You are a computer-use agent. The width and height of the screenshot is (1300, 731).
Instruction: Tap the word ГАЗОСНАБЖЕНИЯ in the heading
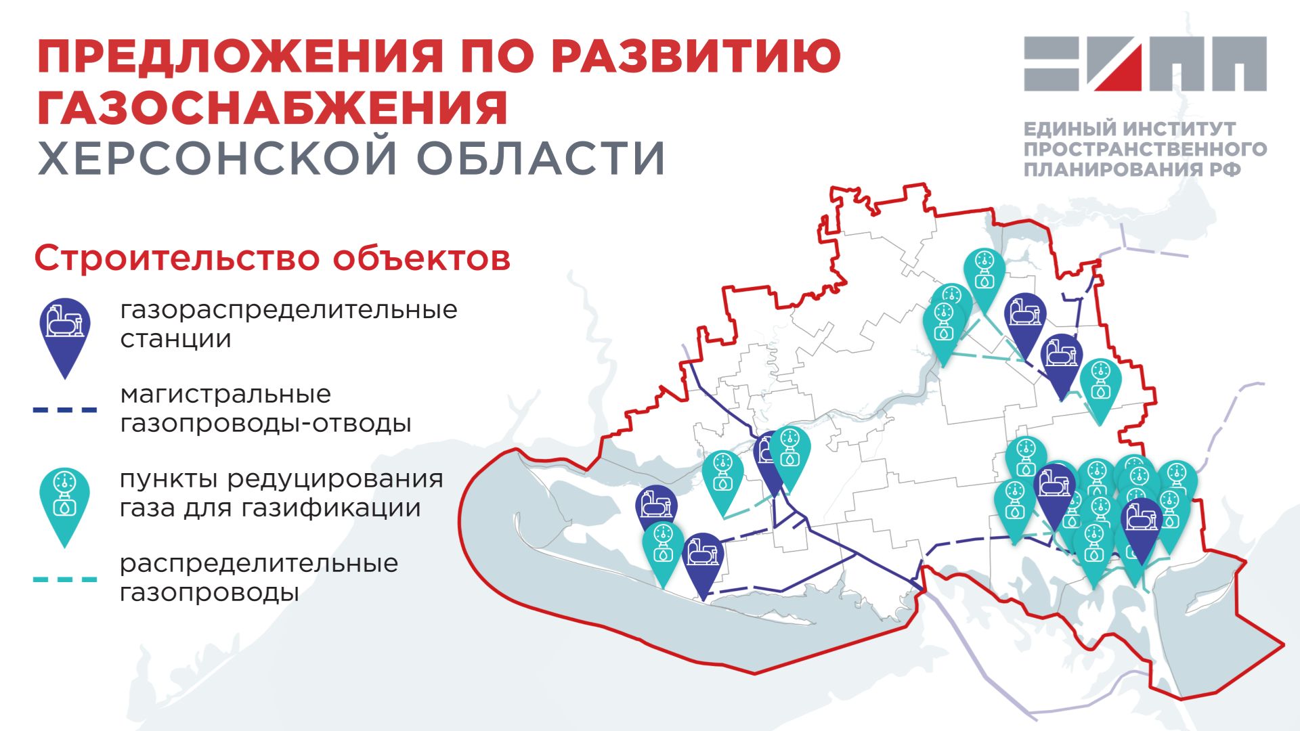pos(272,108)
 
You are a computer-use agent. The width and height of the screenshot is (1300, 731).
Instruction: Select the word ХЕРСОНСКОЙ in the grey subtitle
pos(217,158)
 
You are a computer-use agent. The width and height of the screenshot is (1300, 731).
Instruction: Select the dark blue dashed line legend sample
pos(65,409)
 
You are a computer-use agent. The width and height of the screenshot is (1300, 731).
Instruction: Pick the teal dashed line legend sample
pos(65,579)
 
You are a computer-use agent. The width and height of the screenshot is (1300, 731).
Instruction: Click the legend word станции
pos(175,338)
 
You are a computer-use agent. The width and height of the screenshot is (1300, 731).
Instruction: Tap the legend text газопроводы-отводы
pos(265,424)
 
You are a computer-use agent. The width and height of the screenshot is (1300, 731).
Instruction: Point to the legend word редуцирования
pos(335,479)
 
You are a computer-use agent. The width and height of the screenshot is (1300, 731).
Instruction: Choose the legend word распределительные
pos(259,563)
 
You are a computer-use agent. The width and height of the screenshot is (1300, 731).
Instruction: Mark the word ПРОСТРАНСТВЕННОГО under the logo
pos(1145,149)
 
